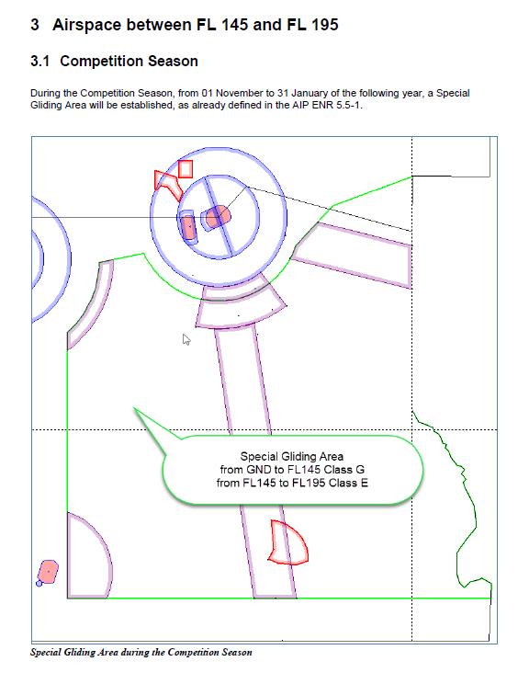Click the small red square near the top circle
coord(186,169)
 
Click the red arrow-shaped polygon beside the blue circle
coord(169,183)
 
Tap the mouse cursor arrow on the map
coord(186,340)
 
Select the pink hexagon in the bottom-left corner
coord(48,572)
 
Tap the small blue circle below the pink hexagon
coord(39,583)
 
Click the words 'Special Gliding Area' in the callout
coord(292,457)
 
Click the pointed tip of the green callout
coord(134,408)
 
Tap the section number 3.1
coord(40,61)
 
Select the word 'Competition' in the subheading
coord(102,61)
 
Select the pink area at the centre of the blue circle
coord(217,216)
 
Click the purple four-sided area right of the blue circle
coord(353,255)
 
